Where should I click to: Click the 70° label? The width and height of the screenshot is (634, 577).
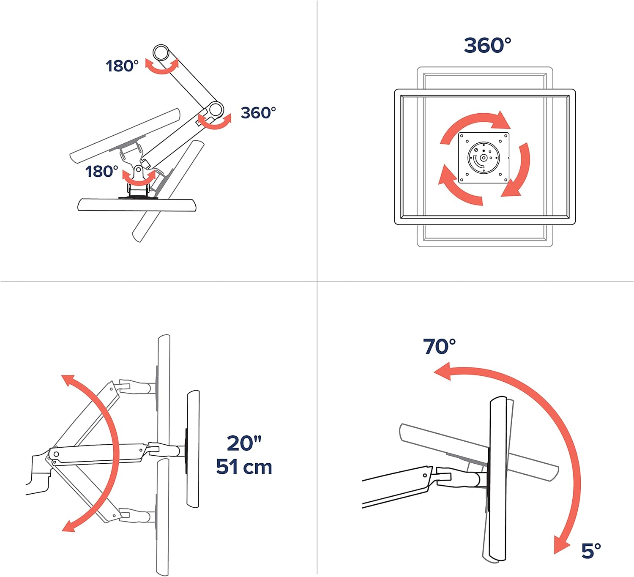tap(439, 347)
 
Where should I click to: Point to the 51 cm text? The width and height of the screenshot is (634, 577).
tap(244, 467)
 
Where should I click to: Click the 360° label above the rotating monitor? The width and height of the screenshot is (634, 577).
tap(487, 45)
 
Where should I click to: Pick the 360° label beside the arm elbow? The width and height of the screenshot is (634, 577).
tap(258, 112)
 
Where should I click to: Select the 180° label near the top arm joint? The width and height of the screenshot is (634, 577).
tap(122, 66)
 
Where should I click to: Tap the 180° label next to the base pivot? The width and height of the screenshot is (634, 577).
tap(101, 171)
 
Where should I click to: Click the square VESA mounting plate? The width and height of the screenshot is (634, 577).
tap(484, 157)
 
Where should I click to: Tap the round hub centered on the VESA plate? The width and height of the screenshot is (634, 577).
tap(484, 157)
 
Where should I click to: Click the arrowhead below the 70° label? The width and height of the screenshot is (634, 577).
tap(442, 372)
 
